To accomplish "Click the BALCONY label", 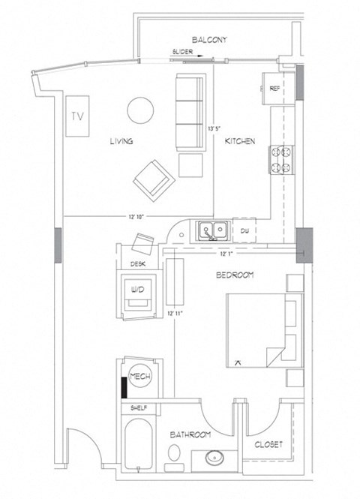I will pos(208,39).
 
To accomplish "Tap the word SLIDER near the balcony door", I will pos(184,53).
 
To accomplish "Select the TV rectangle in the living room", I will pos(76,116).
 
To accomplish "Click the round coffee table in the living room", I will pos(140,111).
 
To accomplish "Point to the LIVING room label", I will pos(121,139).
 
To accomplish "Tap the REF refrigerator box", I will pos(275,89).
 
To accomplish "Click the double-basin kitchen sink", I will pos(214,230).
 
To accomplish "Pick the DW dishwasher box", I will pos(245,230).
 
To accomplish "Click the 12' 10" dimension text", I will pos(136,217).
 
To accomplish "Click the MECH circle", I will pos(139,377).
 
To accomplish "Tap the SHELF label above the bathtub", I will pos(138,408).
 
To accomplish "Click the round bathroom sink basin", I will pos(213,457).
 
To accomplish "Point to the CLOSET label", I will pos(268,444).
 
